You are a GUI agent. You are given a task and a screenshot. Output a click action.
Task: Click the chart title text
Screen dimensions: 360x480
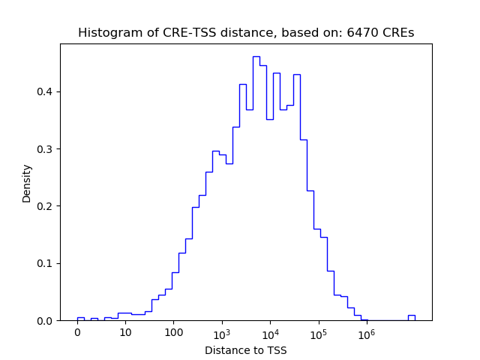point(246,33)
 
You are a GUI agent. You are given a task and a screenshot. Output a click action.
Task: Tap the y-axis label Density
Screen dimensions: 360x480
point(27,183)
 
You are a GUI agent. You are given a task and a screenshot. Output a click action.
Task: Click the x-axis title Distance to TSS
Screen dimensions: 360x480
point(246,350)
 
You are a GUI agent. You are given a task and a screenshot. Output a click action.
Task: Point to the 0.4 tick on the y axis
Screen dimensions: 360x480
point(45,91)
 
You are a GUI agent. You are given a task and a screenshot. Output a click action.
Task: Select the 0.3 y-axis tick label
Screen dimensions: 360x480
point(45,149)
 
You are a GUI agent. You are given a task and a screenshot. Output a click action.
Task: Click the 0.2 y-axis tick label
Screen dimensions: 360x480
point(45,206)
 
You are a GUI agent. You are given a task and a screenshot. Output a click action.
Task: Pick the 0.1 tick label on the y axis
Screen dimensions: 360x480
point(45,263)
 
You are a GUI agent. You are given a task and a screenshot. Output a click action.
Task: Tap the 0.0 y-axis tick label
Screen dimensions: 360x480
point(45,320)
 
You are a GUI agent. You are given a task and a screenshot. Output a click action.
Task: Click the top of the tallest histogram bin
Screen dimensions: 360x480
point(256,57)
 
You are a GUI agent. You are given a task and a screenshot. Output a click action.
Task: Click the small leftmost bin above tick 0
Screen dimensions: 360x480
point(80,318)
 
